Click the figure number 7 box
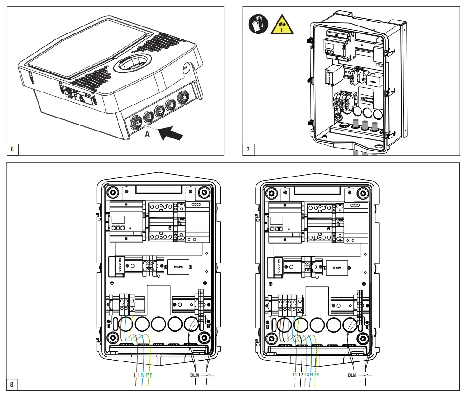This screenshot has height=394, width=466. point(249,150)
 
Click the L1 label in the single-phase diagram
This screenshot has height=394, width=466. point(136,375)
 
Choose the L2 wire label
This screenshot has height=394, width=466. point(301,374)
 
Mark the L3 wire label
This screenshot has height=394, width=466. point(307,374)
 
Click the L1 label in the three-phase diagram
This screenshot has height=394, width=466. point(295,374)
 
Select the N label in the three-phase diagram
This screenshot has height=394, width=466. point(312,374)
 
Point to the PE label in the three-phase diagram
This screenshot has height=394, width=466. point(317,374)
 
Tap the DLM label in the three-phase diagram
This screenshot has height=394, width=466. point(353,375)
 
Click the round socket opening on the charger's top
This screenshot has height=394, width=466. point(133,65)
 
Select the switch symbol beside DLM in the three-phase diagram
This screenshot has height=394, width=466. point(366,374)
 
